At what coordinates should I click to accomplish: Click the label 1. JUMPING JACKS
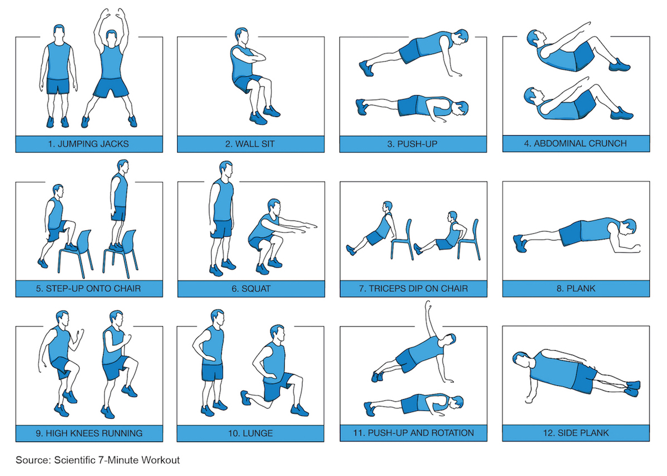pyautogui.click(x=89, y=144)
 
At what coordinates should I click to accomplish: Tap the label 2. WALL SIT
pyautogui.click(x=250, y=144)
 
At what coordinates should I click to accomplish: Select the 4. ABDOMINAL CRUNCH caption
pyautogui.click(x=576, y=143)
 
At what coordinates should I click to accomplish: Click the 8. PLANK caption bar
pyautogui.click(x=576, y=288)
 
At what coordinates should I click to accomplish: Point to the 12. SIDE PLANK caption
pyautogui.click(x=576, y=433)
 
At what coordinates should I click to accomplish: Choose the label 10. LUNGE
pyautogui.click(x=250, y=433)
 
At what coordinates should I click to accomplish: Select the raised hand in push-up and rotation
pyautogui.click(x=427, y=305)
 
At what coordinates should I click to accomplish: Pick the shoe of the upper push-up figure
pyautogui.click(x=366, y=68)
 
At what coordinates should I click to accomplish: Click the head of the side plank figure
pyautogui.click(x=520, y=359)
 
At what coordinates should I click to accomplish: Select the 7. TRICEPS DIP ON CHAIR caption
pyautogui.click(x=413, y=288)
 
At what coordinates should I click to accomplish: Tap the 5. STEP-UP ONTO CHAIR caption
pyautogui.click(x=89, y=288)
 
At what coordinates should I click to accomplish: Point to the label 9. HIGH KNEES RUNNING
pyautogui.click(x=89, y=433)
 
